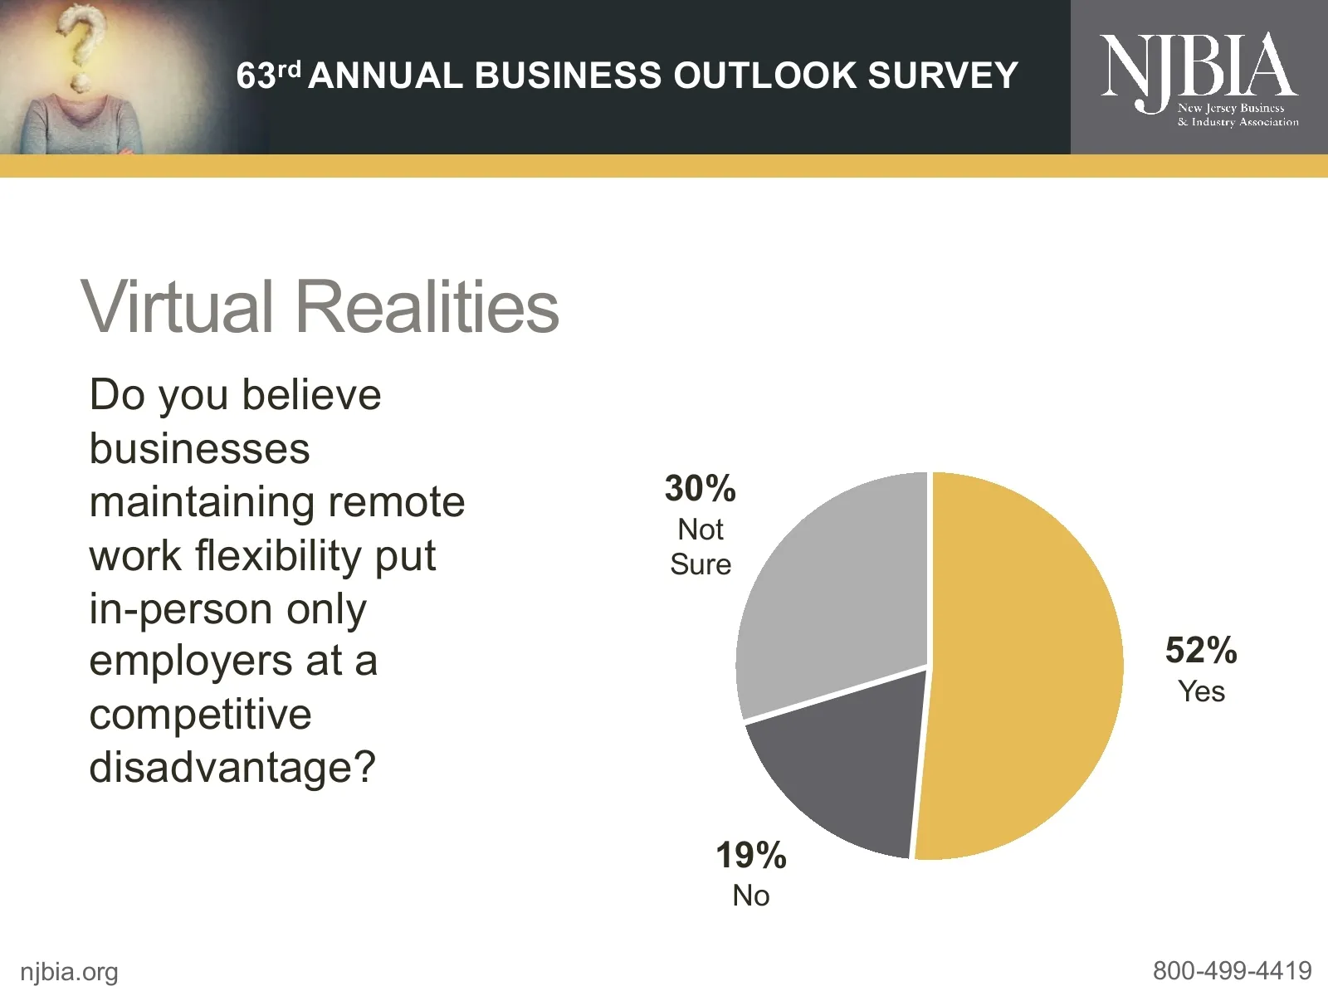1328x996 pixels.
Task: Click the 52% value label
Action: tap(1200, 650)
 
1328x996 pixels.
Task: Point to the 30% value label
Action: tap(700, 488)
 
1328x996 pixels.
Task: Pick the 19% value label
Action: tap(750, 855)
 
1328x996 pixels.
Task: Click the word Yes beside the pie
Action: tap(1201, 691)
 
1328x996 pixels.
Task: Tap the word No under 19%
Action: tap(750, 896)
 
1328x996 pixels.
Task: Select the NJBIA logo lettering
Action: tap(1198, 66)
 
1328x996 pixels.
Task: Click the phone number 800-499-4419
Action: tap(1232, 970)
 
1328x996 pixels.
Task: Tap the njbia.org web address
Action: tap(69, 971)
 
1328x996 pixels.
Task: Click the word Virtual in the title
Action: tap(177, 306)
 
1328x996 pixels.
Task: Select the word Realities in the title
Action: tap(427, 306)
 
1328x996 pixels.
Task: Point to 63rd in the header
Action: tap(266, 76)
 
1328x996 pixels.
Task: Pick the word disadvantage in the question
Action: tap(222, 767)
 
